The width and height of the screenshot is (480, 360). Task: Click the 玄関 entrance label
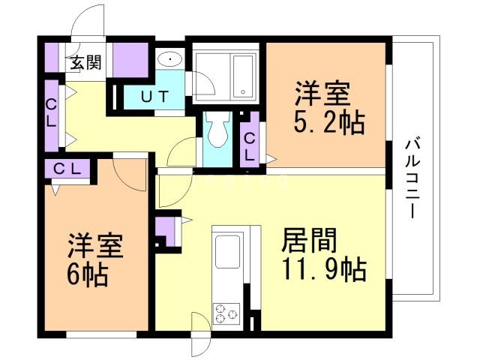[86, 63]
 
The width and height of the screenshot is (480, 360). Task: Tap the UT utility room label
[157, 97]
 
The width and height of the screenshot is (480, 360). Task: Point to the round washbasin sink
[169, 59]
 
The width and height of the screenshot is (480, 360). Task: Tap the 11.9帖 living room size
[323, 268]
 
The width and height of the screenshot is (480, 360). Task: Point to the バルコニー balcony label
[412, 177]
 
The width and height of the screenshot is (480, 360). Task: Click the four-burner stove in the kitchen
[225, 313]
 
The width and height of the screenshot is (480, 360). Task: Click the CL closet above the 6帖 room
[67, 169]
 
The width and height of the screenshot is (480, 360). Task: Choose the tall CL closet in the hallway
[51, 113]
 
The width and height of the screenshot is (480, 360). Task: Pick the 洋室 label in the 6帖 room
[95, 247]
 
